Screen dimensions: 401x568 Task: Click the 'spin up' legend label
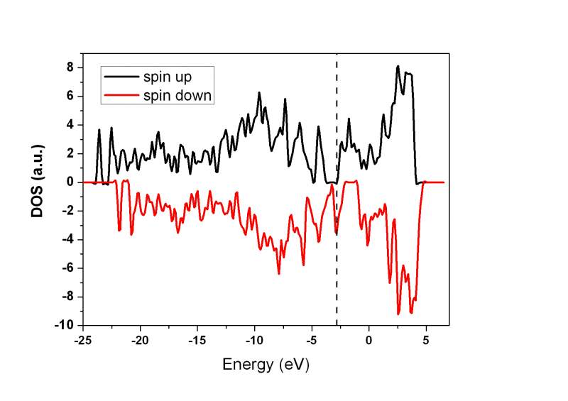pos(172,74)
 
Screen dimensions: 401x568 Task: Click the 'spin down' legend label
pos(177,94)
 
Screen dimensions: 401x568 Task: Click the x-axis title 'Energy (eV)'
pos(266,365)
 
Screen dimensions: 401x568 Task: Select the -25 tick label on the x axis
pos(83,340)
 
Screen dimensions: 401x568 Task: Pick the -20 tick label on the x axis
pos(140,340)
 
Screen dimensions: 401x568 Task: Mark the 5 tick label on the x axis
pos(426,340)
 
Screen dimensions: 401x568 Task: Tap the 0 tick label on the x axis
pos(368,340)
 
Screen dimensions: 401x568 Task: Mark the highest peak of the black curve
pos(398,67)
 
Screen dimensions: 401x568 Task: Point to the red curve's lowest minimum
pos(398,314)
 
